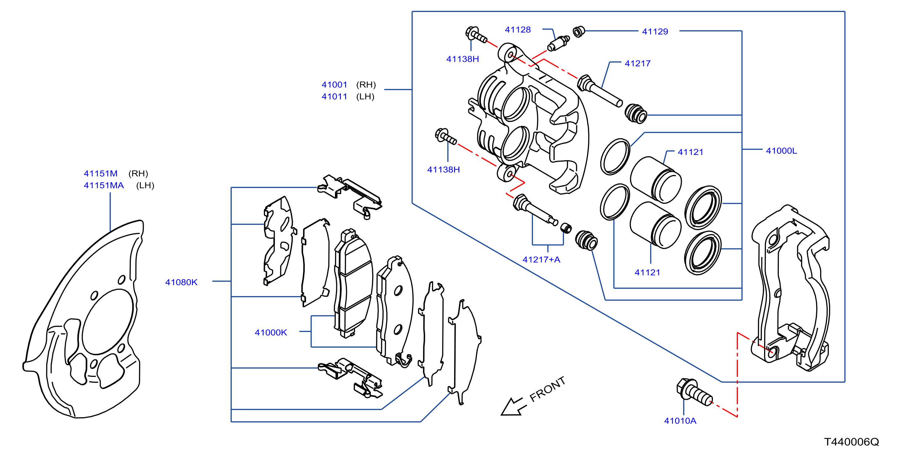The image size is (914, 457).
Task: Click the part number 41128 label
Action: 518,30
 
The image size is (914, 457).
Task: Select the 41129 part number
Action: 655,32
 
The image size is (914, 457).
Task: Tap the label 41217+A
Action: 541,259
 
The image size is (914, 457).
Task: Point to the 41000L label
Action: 781,151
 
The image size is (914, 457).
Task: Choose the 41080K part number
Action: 181,282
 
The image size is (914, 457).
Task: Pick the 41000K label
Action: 271,333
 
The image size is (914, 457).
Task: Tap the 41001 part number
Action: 334,84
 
